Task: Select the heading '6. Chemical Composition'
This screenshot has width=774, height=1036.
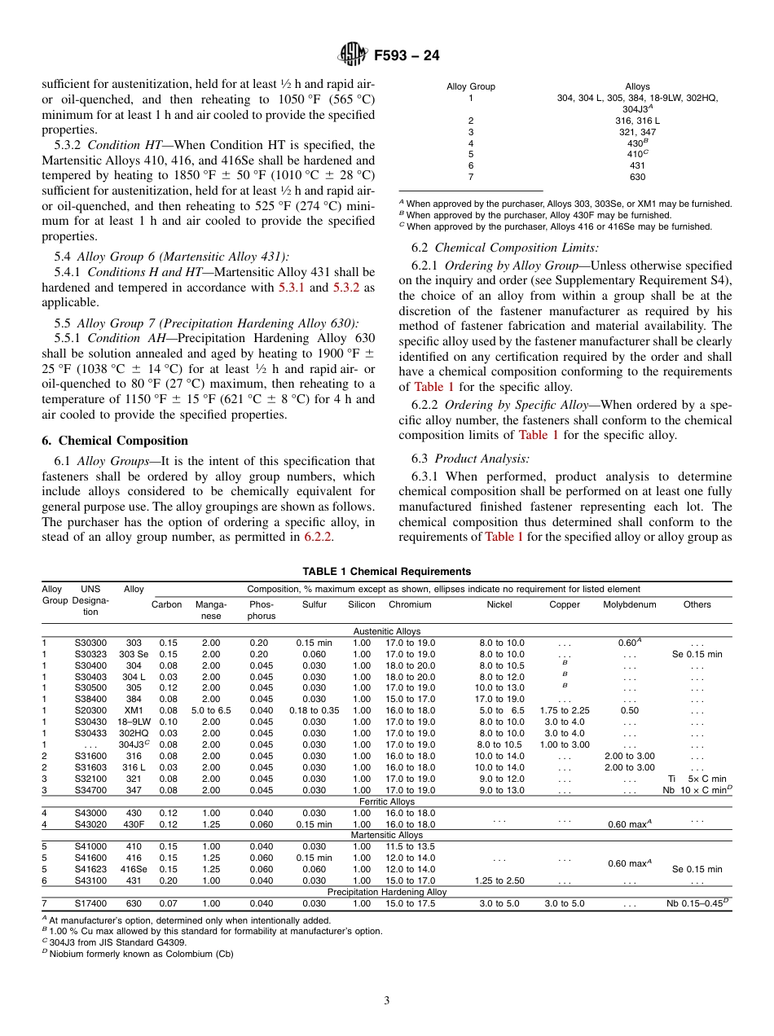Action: (115, 441)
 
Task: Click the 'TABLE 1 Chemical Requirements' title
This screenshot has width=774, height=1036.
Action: (386, 571)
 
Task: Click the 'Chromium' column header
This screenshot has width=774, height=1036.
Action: (410, 604)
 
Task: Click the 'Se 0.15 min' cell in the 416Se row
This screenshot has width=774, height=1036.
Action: (697, 869)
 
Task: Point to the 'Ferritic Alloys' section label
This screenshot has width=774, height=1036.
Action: (386, 801)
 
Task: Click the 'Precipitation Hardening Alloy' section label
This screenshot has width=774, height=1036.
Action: (386, 892)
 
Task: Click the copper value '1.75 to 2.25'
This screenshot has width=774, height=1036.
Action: (565, 710)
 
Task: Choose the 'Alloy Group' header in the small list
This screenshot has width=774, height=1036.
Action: (470, 86)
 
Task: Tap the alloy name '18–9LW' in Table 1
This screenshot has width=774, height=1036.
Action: (134, 722)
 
